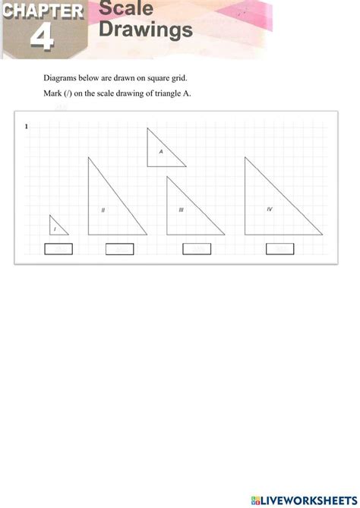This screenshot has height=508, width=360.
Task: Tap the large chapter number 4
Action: click(x=43, y=39)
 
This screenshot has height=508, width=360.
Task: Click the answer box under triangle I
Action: click(x=58, y=248)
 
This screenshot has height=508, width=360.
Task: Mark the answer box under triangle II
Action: click(x=118, y=248)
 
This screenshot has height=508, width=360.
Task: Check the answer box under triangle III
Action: click(x=197, y=248)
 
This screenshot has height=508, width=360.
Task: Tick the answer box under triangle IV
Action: click(x=279, y=248)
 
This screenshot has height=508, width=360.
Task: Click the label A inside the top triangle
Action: click(x=161, y=151)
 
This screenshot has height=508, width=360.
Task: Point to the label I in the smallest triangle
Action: click(x=55, y=228)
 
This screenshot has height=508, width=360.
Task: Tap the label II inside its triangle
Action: click(x=103, y=210)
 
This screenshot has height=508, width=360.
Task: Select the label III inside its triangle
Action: click(x=181, y=210)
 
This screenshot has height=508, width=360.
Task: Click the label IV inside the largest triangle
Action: click(x=269, y=209)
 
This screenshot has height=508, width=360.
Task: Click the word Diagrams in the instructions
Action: click(x=60, y=78)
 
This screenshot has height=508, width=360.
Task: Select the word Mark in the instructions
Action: click(x=52, y=93)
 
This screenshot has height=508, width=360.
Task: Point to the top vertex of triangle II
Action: click(x=89, y=157)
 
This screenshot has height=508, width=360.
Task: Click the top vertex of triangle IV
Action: click(x=245, y=157)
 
